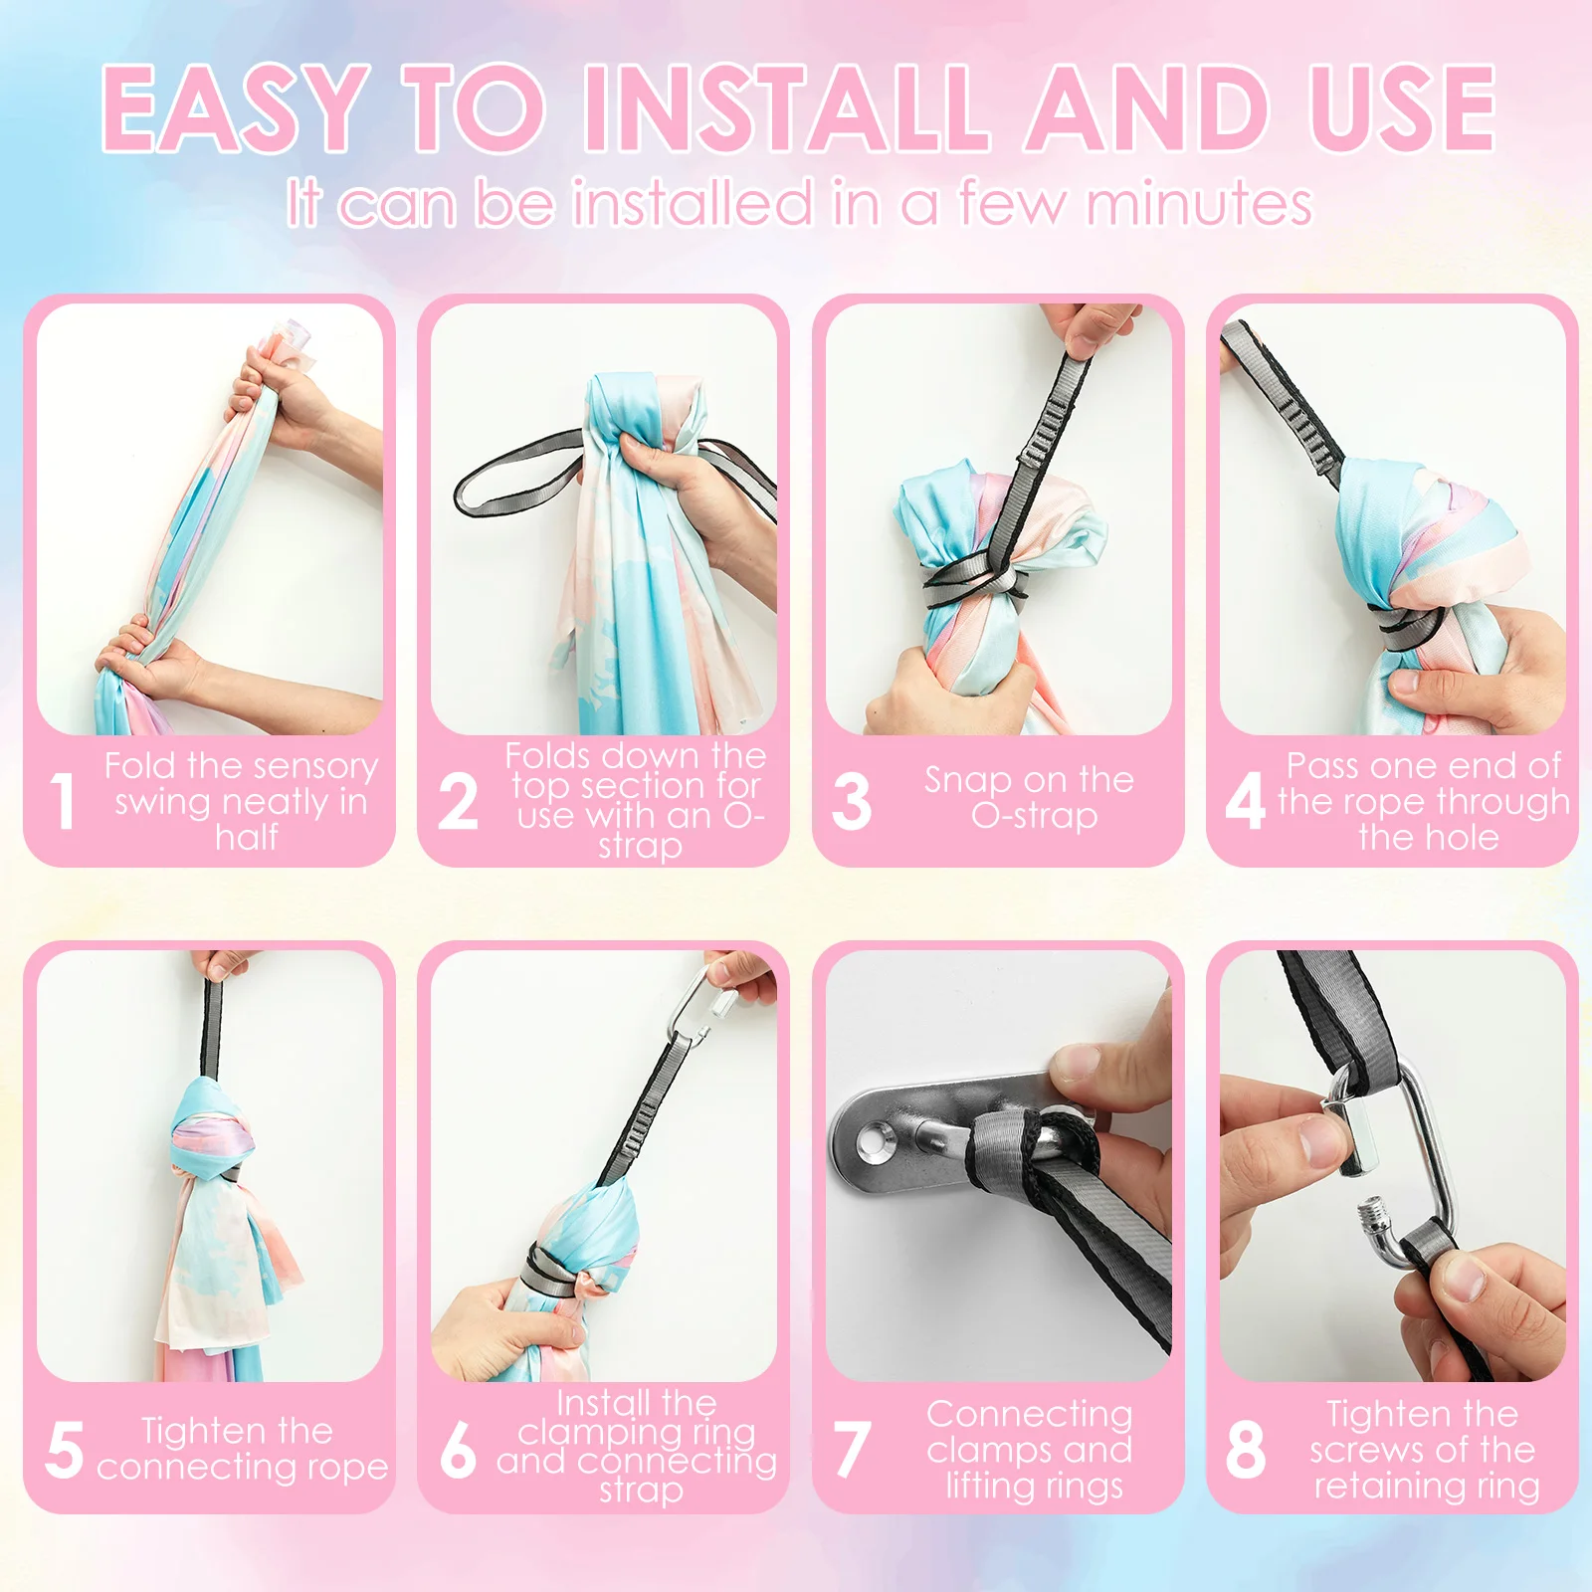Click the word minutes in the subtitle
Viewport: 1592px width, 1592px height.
coord(1198,204)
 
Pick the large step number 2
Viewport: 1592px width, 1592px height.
coord(458,801)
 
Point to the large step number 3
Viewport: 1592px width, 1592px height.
coord(852,801)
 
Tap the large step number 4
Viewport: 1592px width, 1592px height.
coord(1245,801)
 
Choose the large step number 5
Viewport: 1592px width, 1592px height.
coord(65,1449)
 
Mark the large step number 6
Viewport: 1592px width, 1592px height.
coord(458,1449)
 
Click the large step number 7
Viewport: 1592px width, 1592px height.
coord(852,1449)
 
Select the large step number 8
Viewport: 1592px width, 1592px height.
coord(1246,1449)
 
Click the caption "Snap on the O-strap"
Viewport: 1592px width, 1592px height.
coord(1030,797)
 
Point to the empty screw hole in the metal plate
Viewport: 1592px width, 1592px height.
coord(875,1138)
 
